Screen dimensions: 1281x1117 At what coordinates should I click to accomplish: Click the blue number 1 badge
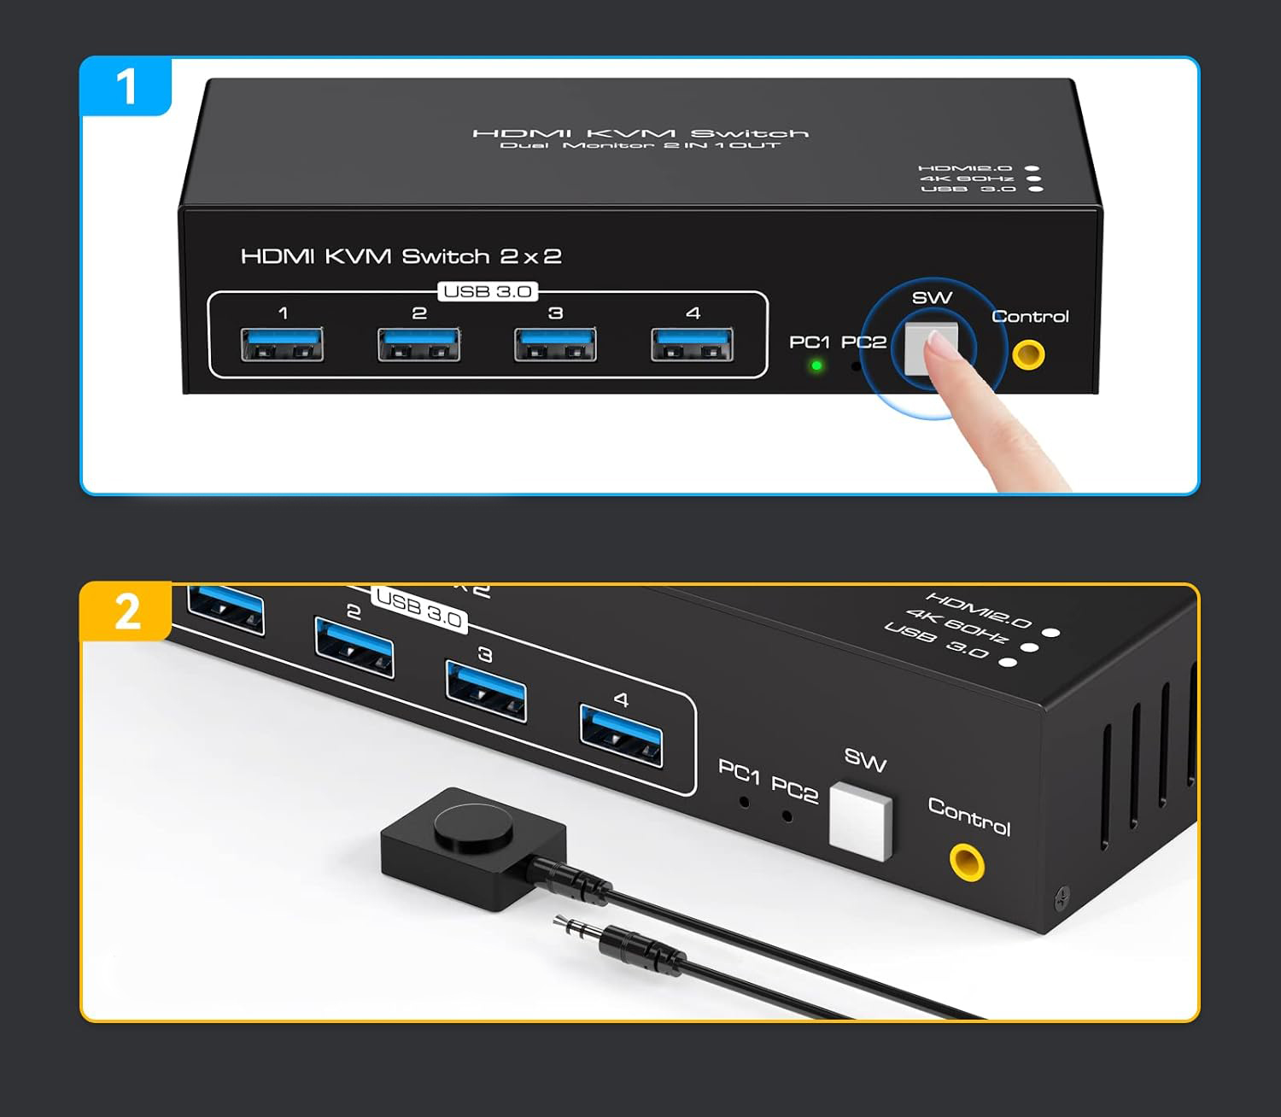coord(126,86)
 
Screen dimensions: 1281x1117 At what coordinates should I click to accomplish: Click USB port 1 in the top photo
coord(283,344)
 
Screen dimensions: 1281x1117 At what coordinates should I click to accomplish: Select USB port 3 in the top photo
coord(555,344)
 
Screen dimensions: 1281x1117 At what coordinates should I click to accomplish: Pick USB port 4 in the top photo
coord(693,344)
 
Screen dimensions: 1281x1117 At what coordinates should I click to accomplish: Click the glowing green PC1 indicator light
coord(816,366)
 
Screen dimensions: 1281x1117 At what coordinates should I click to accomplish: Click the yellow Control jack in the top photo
coord(1029,355)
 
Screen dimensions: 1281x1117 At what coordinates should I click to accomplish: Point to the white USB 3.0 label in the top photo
coord(488,292)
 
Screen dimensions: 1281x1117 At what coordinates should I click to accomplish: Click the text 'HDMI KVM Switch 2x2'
coord(401,256)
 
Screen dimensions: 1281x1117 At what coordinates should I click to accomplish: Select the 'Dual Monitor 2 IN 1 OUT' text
coord(640,145)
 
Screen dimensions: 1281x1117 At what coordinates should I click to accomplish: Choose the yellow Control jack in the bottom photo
coord(967,863)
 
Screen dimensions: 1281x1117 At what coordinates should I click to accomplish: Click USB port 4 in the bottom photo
coord(621,735)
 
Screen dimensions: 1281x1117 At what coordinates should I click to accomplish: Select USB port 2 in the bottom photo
coord(354,647)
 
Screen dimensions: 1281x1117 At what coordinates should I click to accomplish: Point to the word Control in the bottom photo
coord(969,816)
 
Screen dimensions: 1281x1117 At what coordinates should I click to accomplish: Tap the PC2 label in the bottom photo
coord(794,790)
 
